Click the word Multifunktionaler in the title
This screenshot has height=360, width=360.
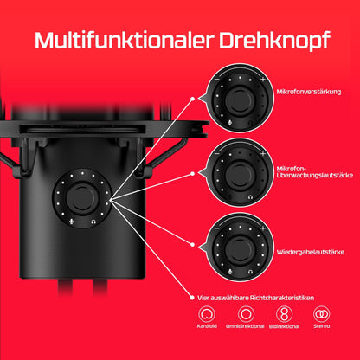pyautogui.click(x=125, y=40)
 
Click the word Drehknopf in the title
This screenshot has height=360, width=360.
pyautogui.click(x=274, y=41)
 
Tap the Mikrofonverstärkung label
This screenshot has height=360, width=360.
pyautogui.click(x=309, y=92)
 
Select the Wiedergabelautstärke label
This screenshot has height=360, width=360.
pyautogui.click(x=311, y=252)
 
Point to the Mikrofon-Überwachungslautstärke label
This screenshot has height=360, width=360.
pyautogui.click(x=314, y=172)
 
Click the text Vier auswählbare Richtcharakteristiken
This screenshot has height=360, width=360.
pyautogui.click(x=255, y=298)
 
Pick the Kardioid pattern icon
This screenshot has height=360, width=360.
pyautogui.click(x=207, y=314)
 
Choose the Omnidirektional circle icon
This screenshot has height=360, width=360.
pyautogui.click(x=246, y=314)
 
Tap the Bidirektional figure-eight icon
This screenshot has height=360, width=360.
pyautogui.click(x=284, y=314)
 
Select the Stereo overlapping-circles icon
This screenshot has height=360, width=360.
pyautogui.click(x=322, y=314)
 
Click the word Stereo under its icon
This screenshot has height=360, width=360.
pyautogui.click(x=322, y=326)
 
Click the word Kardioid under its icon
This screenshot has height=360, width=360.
pyautogui.click(x=207, y=326)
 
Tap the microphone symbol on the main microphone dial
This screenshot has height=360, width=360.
pyautogui.click(x=71, y=222)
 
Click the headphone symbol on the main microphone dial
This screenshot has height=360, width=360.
pyautogui.click(x=93, y=222)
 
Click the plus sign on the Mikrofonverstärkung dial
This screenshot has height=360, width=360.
pyautogui.click(x=263, y=79)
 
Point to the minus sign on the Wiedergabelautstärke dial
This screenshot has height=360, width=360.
pyautogui.click(x=217, y=228)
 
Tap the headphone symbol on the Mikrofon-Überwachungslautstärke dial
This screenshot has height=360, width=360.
pyautogui.click(x=250, y=197)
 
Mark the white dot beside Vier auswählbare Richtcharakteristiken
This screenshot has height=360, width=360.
pyautogui.click(x=192, y=298)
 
